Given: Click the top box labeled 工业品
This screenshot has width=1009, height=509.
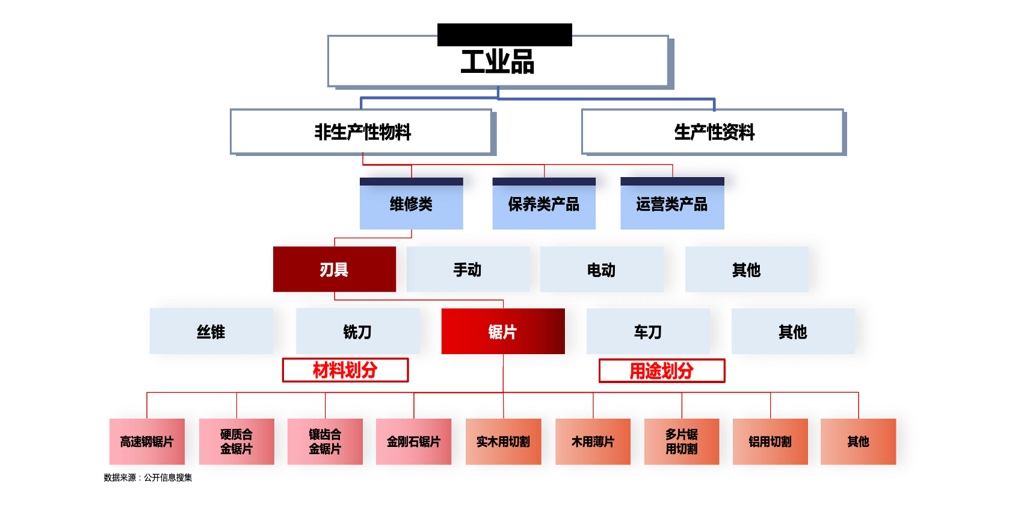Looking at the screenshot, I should [x=498, y=61].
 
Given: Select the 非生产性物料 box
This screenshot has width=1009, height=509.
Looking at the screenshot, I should [x=362, y=132].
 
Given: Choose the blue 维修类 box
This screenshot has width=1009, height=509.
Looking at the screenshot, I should [x=411, y=204].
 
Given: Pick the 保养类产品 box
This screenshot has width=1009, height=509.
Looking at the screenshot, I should [x=543, y=204].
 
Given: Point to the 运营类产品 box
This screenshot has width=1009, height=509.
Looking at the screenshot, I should [x=671, y=204].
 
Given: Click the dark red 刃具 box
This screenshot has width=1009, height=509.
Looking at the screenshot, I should [x=334, y=269].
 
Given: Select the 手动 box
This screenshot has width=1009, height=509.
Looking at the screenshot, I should [x=467, y=269].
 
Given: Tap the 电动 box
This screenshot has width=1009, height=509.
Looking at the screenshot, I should [x=601, y=269].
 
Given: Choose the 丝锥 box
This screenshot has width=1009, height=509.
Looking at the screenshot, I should [x=211, y=331].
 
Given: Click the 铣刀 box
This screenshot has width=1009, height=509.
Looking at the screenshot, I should [x=357, y=331].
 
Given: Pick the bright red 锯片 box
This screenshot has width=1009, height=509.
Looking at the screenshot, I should [x=502, y=331].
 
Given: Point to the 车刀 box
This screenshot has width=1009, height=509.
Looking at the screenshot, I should [x=647, y=331].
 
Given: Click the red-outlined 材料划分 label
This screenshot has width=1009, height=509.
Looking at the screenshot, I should [x=345, y=370].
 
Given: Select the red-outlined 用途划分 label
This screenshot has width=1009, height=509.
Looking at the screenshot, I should [x=661, y=370].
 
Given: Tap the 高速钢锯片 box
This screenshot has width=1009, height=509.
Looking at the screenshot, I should [x=147, y=442].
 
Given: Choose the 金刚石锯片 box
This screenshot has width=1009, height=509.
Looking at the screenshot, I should [x=413, y=442].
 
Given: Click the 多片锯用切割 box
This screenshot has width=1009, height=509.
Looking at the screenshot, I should [x=681, y=442].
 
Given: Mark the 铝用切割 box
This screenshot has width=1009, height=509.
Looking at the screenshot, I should [x=770, y=442].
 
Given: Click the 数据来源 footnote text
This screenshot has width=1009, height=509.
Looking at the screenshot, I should [x=147, y=478].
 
